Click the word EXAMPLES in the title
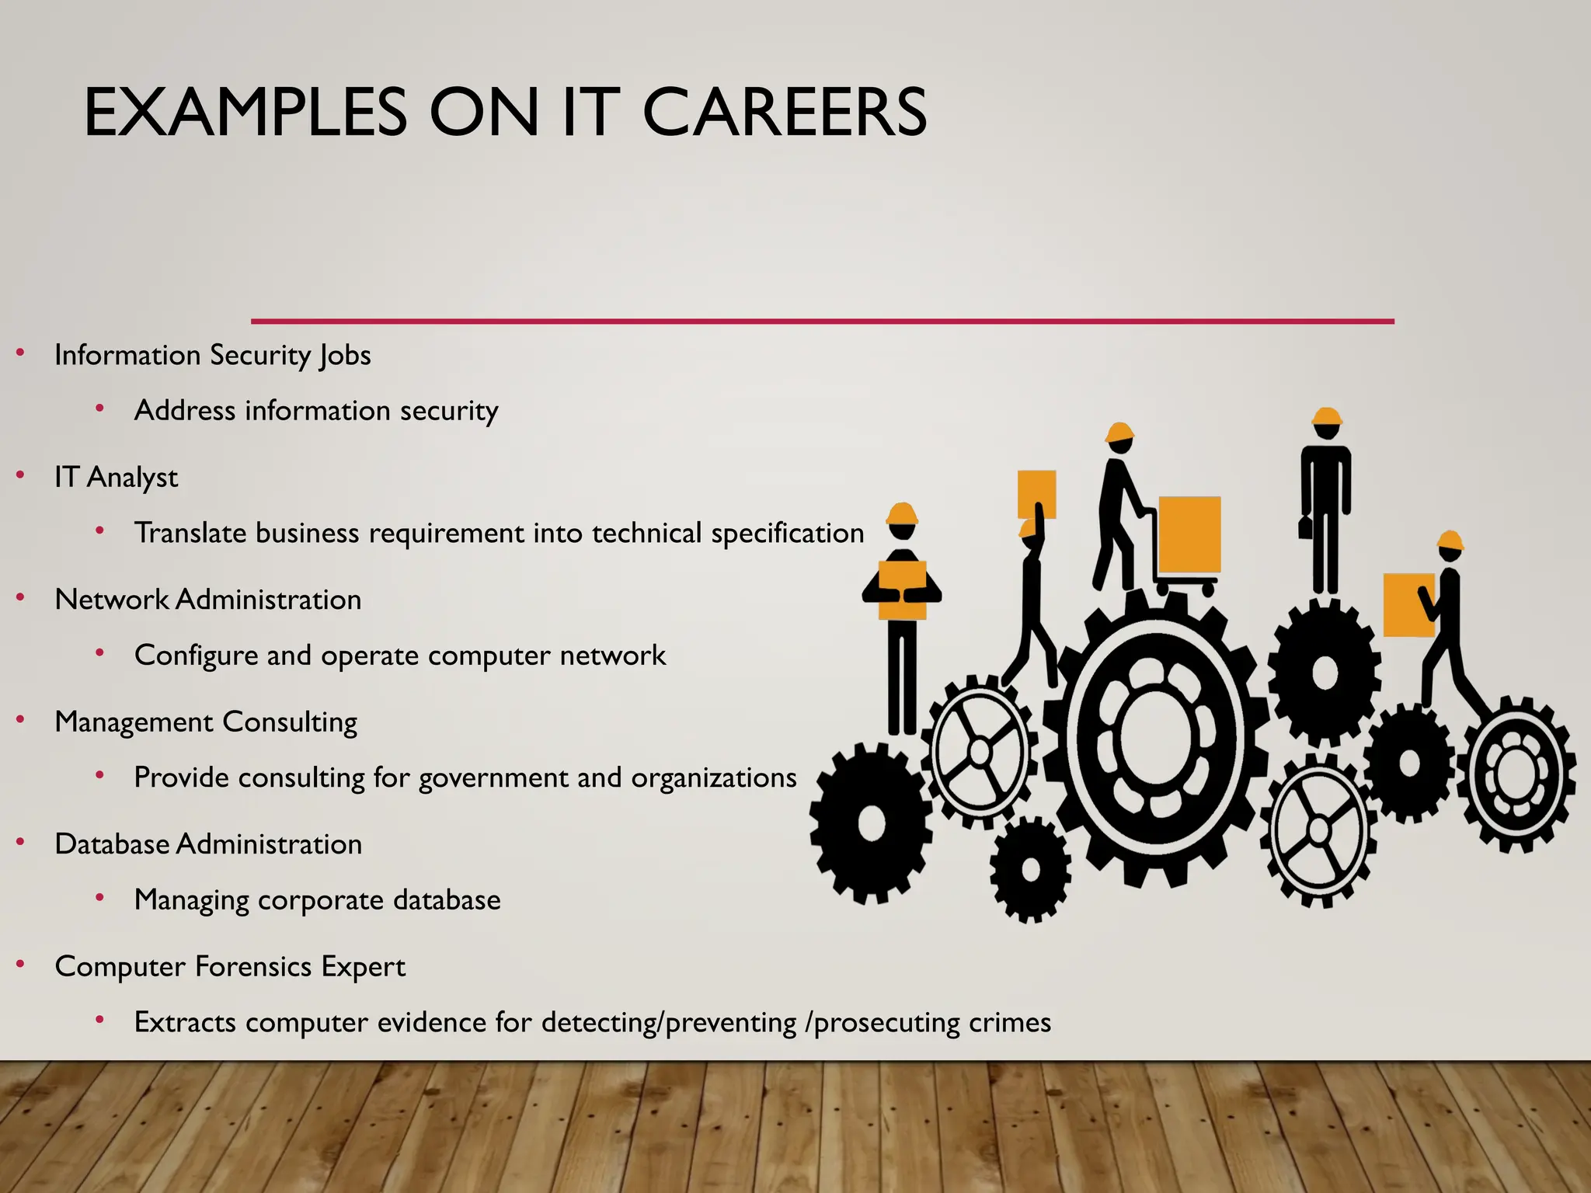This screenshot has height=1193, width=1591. coord(245,113)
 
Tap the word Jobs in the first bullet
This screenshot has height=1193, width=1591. coord(345,356)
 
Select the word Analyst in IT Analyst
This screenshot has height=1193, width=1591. coord(133,478)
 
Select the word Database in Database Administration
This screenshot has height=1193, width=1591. coord(112,844)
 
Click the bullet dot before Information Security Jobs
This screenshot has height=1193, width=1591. coord(21,354)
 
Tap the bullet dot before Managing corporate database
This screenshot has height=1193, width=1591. coord(100,898)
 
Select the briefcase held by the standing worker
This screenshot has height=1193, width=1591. coord(1305,527)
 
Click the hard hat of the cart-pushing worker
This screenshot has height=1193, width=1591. coord(1119,433)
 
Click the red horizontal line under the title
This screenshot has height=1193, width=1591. coord(822,321)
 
